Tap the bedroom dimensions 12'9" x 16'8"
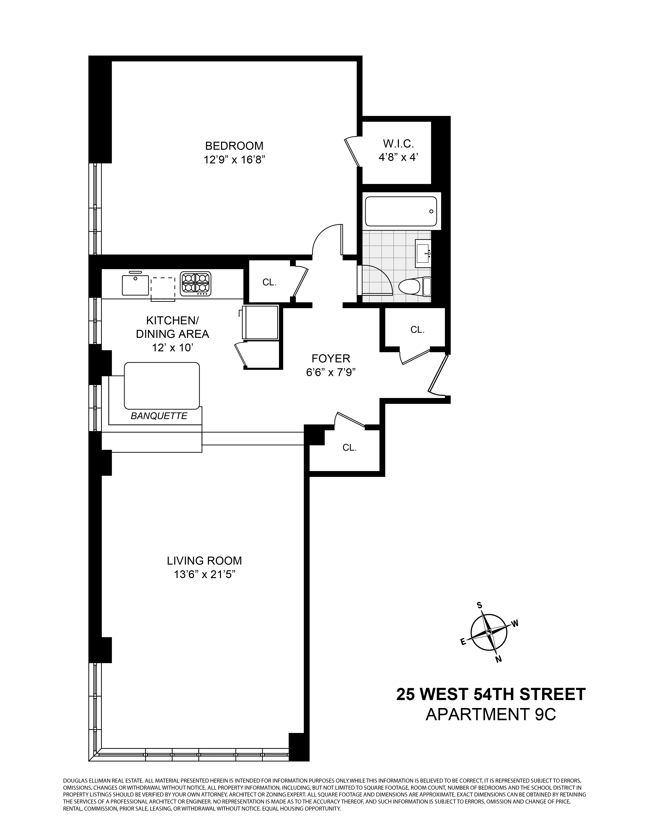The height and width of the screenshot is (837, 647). tap(234, 159)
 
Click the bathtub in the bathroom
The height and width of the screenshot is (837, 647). tap(401, 211)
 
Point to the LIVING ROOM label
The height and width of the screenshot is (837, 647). tap(204, 561)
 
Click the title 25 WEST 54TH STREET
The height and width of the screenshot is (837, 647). tap(491, 694)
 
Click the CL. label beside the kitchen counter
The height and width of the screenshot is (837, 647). tap(269, 282)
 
